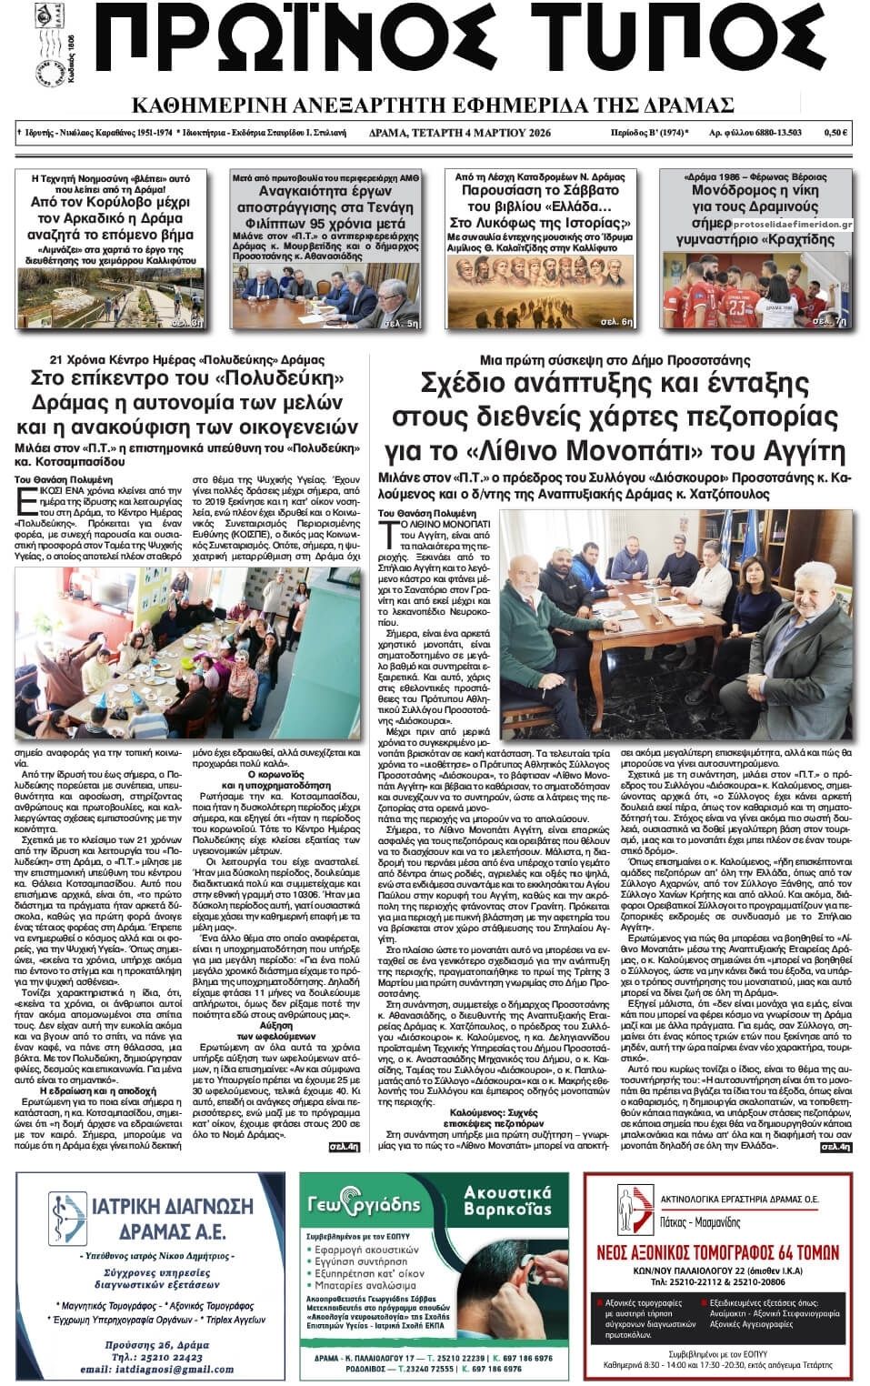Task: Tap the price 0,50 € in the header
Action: pos(835,133)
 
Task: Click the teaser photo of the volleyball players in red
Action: pos(757,290)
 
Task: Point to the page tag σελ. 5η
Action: pos(400,323)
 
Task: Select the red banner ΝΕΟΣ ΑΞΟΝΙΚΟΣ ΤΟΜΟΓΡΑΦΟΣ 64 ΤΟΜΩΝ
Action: pos(716,1247)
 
